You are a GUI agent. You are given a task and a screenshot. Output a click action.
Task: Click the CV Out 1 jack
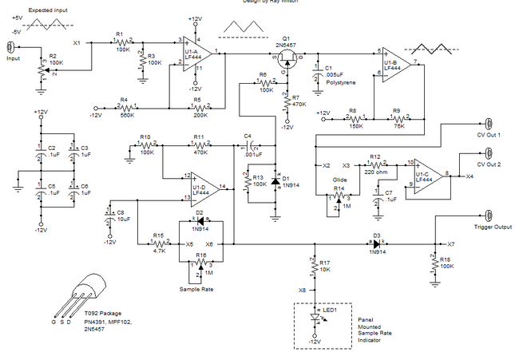(x=488, y=124)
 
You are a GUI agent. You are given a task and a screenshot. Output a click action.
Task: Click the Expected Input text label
(x=50, y=9)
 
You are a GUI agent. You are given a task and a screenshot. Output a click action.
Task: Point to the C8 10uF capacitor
(x=109, y=214)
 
